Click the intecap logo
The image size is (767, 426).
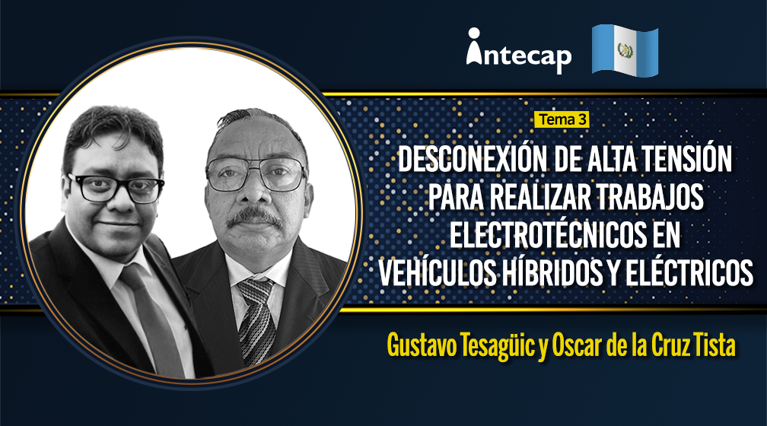click(x=518, y=52)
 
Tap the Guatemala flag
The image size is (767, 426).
click(x=625, y=51)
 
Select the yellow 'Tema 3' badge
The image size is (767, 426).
click(x=562, y=119)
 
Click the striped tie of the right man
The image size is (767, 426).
click(x=256, y=320)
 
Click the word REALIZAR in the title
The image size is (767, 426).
click(x=537, y=196)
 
